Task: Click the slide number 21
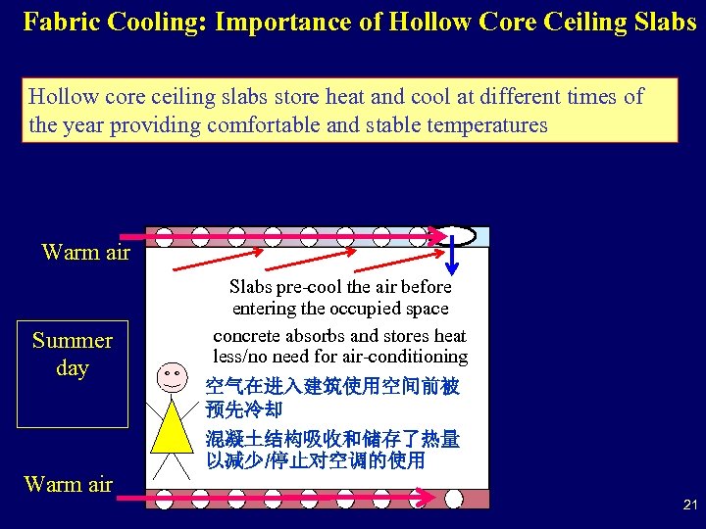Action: (x=689, y=505)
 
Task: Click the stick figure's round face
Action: (x=172, y=376)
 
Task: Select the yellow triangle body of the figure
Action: (x=172, y=423)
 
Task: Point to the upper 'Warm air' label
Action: (x=86, y=252)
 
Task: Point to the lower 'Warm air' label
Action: (x=68, y=484)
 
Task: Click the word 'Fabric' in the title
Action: (x=60, y=22)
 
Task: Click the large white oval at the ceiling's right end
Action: (x=455, y=235)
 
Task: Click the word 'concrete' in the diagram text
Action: (x=244, y=336)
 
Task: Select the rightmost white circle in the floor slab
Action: (x=453, y=499)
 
